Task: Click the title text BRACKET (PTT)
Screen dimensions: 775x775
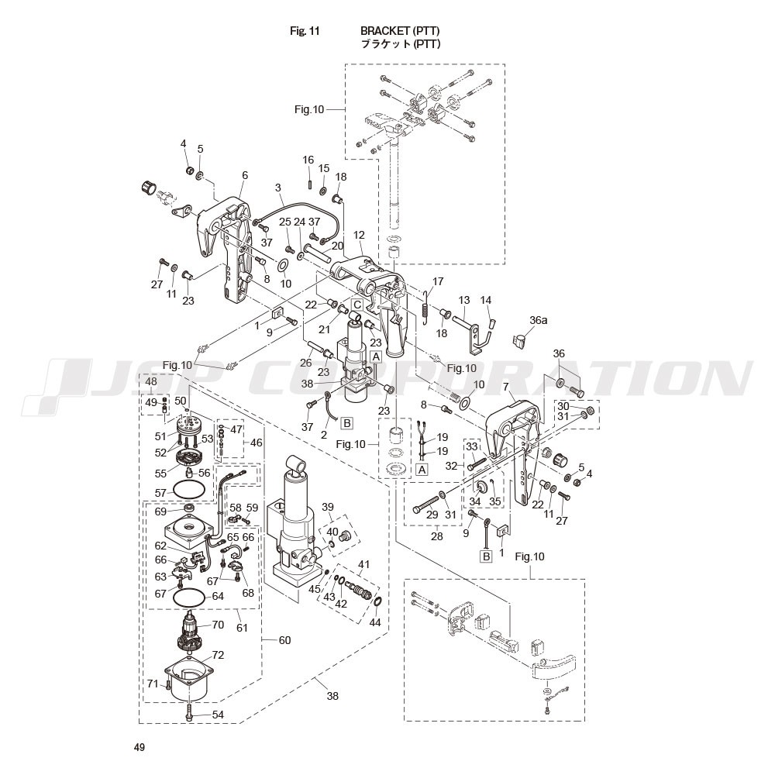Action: point(401,31)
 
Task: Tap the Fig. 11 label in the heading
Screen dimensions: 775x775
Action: point(305,31)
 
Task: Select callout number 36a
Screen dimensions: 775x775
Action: point(538,319)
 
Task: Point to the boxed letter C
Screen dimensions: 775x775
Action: point(356,304)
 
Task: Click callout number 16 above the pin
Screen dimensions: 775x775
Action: point(308,160)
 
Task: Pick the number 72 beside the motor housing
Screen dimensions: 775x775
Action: point(218,655)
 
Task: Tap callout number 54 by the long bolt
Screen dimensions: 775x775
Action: point(218,715)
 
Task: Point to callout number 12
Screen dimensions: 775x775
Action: point(359,234)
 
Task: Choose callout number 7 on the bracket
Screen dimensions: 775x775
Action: point(505,386)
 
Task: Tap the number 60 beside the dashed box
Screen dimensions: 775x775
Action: point(284,640)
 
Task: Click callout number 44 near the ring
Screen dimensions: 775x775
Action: point(375,622)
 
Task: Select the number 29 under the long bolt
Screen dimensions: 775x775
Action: point(432,515)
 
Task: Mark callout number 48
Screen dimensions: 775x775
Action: point(150,382)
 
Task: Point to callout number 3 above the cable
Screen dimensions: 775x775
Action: point(277,188)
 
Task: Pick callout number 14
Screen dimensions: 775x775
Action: point(486,300)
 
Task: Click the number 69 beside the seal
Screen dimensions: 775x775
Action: point(160,511)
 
